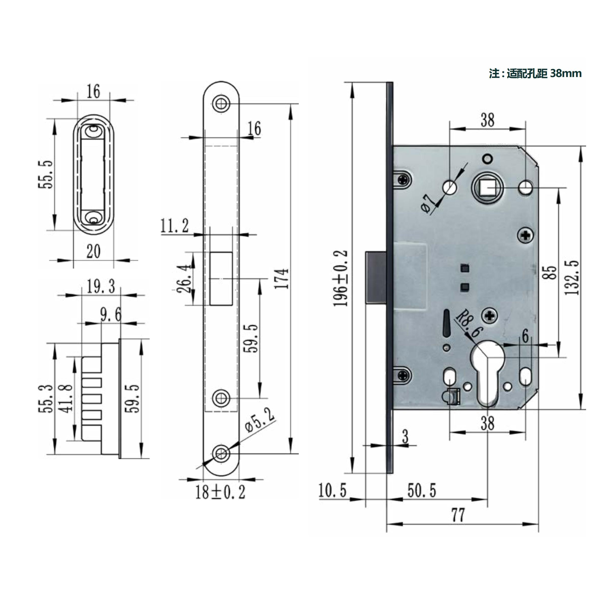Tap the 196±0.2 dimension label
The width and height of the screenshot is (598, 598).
click(341, 279)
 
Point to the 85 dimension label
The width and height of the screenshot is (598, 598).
click(550, 273)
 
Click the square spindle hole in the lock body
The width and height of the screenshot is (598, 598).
click(488, 188)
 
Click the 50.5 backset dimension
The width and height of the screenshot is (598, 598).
click(422, 491)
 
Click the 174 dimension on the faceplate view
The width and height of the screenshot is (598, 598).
click(282, 279)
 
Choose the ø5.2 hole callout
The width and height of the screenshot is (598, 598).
click(259, 421)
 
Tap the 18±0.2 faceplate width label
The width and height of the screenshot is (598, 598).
click(220, 492)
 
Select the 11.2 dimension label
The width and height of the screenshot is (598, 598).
click(174, 226)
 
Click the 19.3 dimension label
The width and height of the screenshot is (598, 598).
click(101, 286)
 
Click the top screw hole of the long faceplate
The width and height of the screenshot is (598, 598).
click(221, 103)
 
